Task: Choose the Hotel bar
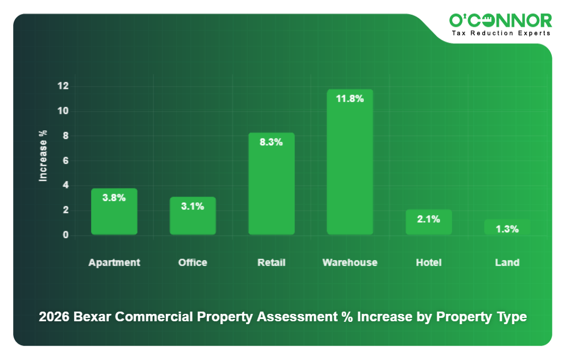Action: tap(428, 227)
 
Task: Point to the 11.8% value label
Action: tap(350, 99)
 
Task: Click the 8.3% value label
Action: tap(271, 142)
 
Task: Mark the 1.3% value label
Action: tap(507, 229)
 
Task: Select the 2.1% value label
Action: tap(428, 219)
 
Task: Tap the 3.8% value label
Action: tap(114, 198)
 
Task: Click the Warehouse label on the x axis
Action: tap(350, 263)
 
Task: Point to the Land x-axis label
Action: tap(507, 263)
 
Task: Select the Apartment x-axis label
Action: tap(114, 263)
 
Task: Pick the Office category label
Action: tap(192, 263)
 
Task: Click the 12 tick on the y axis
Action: tap(63, 86)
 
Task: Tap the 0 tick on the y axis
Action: tap(65, 235)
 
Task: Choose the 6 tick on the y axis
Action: tap(65, 161)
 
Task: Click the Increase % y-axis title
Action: tap(43, 156)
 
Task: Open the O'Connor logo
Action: tap(500, 21)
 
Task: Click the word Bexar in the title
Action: tap(93, 317)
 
